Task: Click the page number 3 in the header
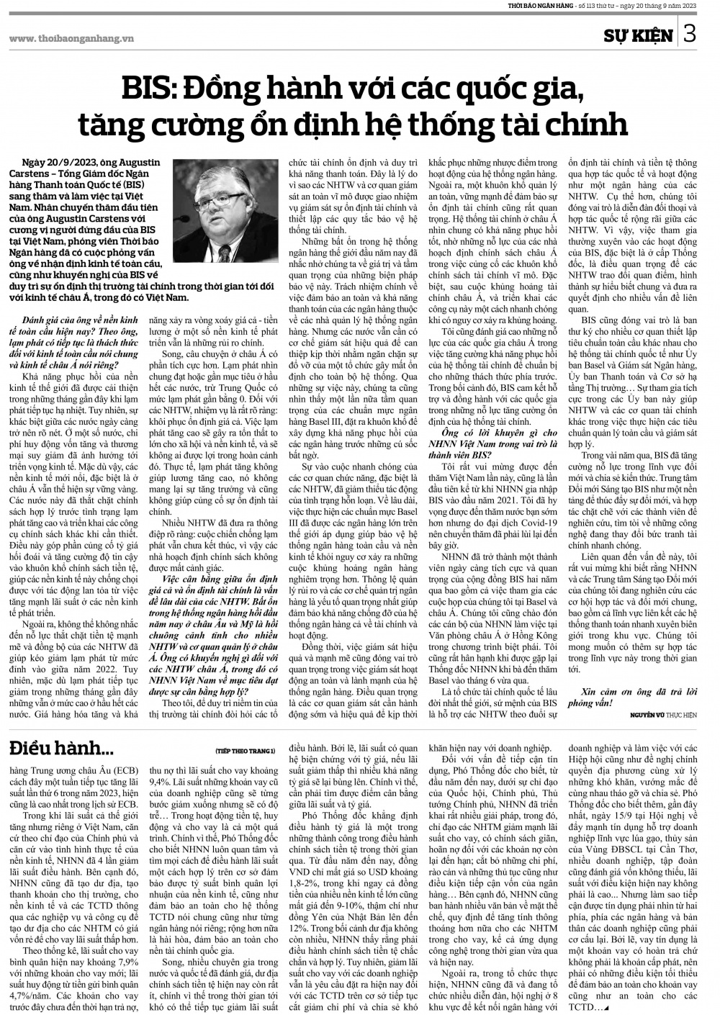[689, 34]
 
